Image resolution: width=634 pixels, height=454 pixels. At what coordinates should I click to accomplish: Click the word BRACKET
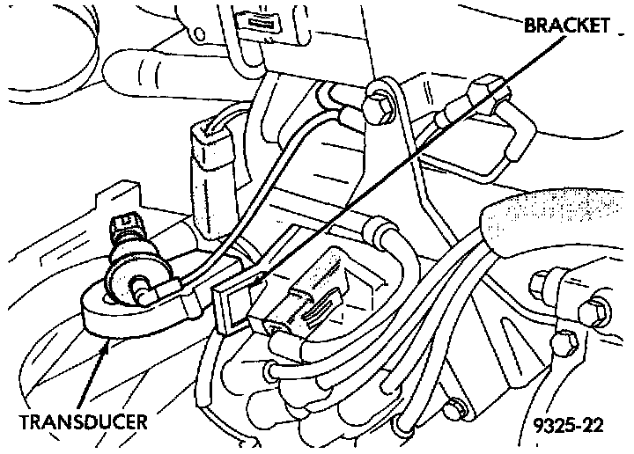click(x=566, y=26)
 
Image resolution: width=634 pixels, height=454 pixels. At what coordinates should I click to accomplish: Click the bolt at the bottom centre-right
click(x=454, y=408)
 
